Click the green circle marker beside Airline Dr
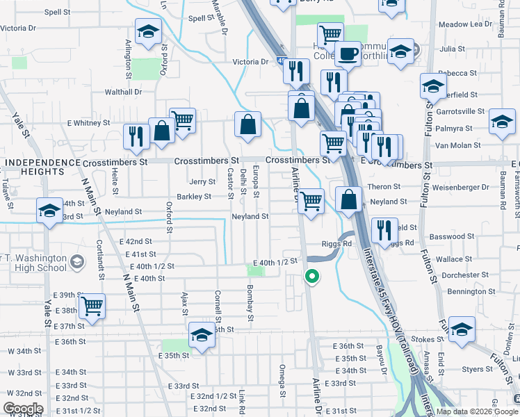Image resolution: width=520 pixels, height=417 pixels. point(312,277)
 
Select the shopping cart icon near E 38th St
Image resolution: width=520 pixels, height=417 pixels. point(92,305)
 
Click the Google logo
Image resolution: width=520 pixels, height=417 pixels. point(23,409)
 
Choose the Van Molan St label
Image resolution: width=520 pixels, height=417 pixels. point(457,145)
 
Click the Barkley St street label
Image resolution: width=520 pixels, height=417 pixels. point(194,197)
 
